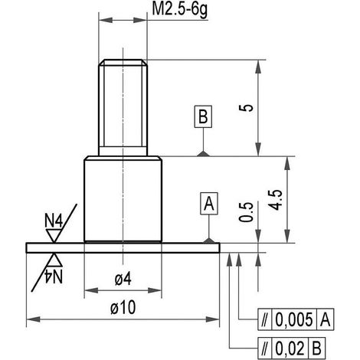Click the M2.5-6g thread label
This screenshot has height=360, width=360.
(x=180, y=10)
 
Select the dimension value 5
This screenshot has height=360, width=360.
(x=246, y=108)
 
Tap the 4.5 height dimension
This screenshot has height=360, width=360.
(x=275, y=200)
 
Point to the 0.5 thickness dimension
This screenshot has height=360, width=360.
(x=246, y=212)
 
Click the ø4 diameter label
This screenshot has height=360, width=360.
(x=123, y=279)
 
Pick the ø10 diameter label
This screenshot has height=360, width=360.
(x=123, y=307)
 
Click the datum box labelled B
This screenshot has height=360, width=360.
(x=203, y=116)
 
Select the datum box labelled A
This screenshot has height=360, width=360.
(x=209, y=204)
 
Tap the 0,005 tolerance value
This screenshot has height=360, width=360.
(x=294, y=319)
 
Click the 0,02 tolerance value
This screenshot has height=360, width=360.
(x=290, y=348)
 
